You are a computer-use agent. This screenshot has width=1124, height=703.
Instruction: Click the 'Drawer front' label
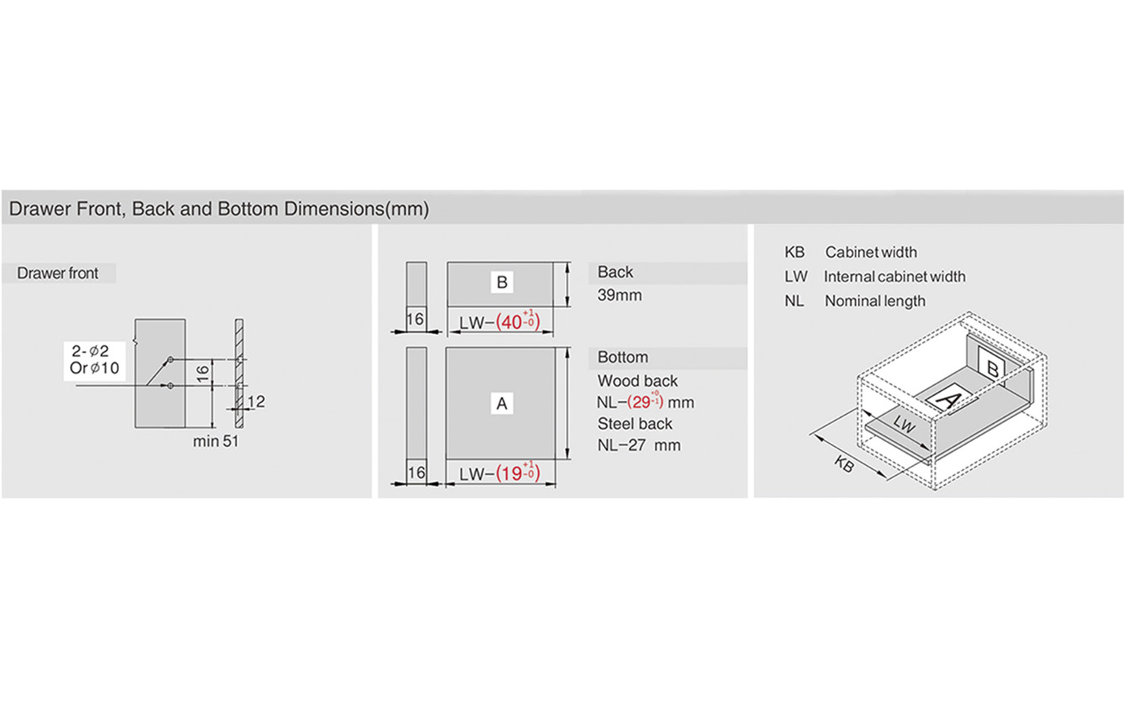pyautogui.click(x=58, y=273)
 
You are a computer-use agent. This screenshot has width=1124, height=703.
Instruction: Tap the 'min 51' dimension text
pyautogui.click(x=216, y=441)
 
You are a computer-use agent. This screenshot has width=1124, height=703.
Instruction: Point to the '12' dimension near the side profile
pyautogui.click(x=256, y=401)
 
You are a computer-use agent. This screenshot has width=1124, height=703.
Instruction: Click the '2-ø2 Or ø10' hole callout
pyautogui.click(x=95, y=359)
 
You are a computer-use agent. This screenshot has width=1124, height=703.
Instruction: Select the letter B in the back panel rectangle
pyautogui.click(x=502, y=282)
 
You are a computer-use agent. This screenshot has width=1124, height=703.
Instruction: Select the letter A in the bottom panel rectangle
pyautogui.click(x=502, y=403)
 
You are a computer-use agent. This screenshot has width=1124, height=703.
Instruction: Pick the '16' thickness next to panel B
pyautogui.click(x=416, y=319)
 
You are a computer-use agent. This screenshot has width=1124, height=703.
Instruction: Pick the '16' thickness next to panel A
pyautogui.click(x=416, y=472)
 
